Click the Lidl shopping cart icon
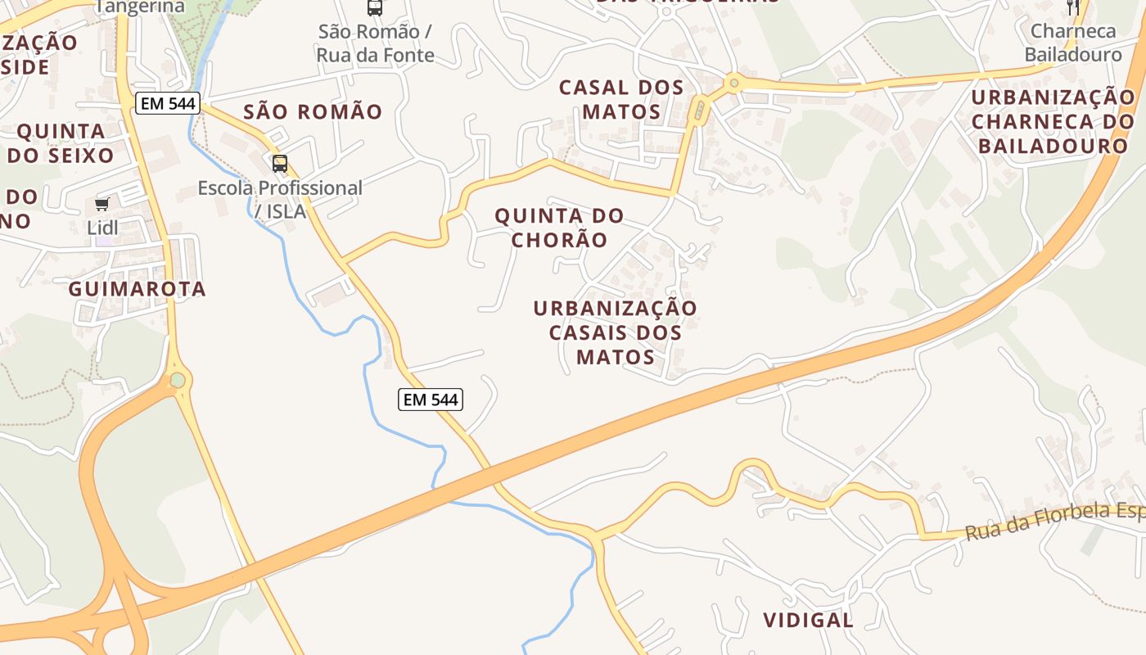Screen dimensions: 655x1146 click(102, 204)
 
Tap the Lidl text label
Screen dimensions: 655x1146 click(102, 228)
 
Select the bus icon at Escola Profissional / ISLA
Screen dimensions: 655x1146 click(280, 164)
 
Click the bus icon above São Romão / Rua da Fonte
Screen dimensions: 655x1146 click(374, 8)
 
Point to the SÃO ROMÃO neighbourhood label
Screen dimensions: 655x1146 click(313, 111)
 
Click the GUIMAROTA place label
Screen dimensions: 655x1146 click(137, 289)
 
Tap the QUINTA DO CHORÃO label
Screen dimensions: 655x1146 click(560, 228)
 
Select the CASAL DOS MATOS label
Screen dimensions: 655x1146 click(621, 99)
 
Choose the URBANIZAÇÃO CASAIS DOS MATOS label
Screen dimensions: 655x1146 click(616, 332)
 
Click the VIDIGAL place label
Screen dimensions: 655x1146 click(808, 620)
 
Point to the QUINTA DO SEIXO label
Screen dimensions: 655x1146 click(61, 142)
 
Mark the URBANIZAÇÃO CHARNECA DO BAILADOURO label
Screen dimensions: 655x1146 click(1054, 121)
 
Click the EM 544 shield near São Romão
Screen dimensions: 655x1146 click(168, 103)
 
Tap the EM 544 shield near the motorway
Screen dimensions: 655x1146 click(431, 400)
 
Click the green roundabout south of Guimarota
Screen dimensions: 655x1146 click(178, 380)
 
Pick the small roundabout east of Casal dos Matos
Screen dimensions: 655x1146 click(734, 82)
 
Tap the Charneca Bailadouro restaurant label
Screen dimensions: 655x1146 click(1073, 43)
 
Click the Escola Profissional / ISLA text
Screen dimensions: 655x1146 click(280, 199)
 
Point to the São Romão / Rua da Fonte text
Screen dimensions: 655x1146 click(375, 43)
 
